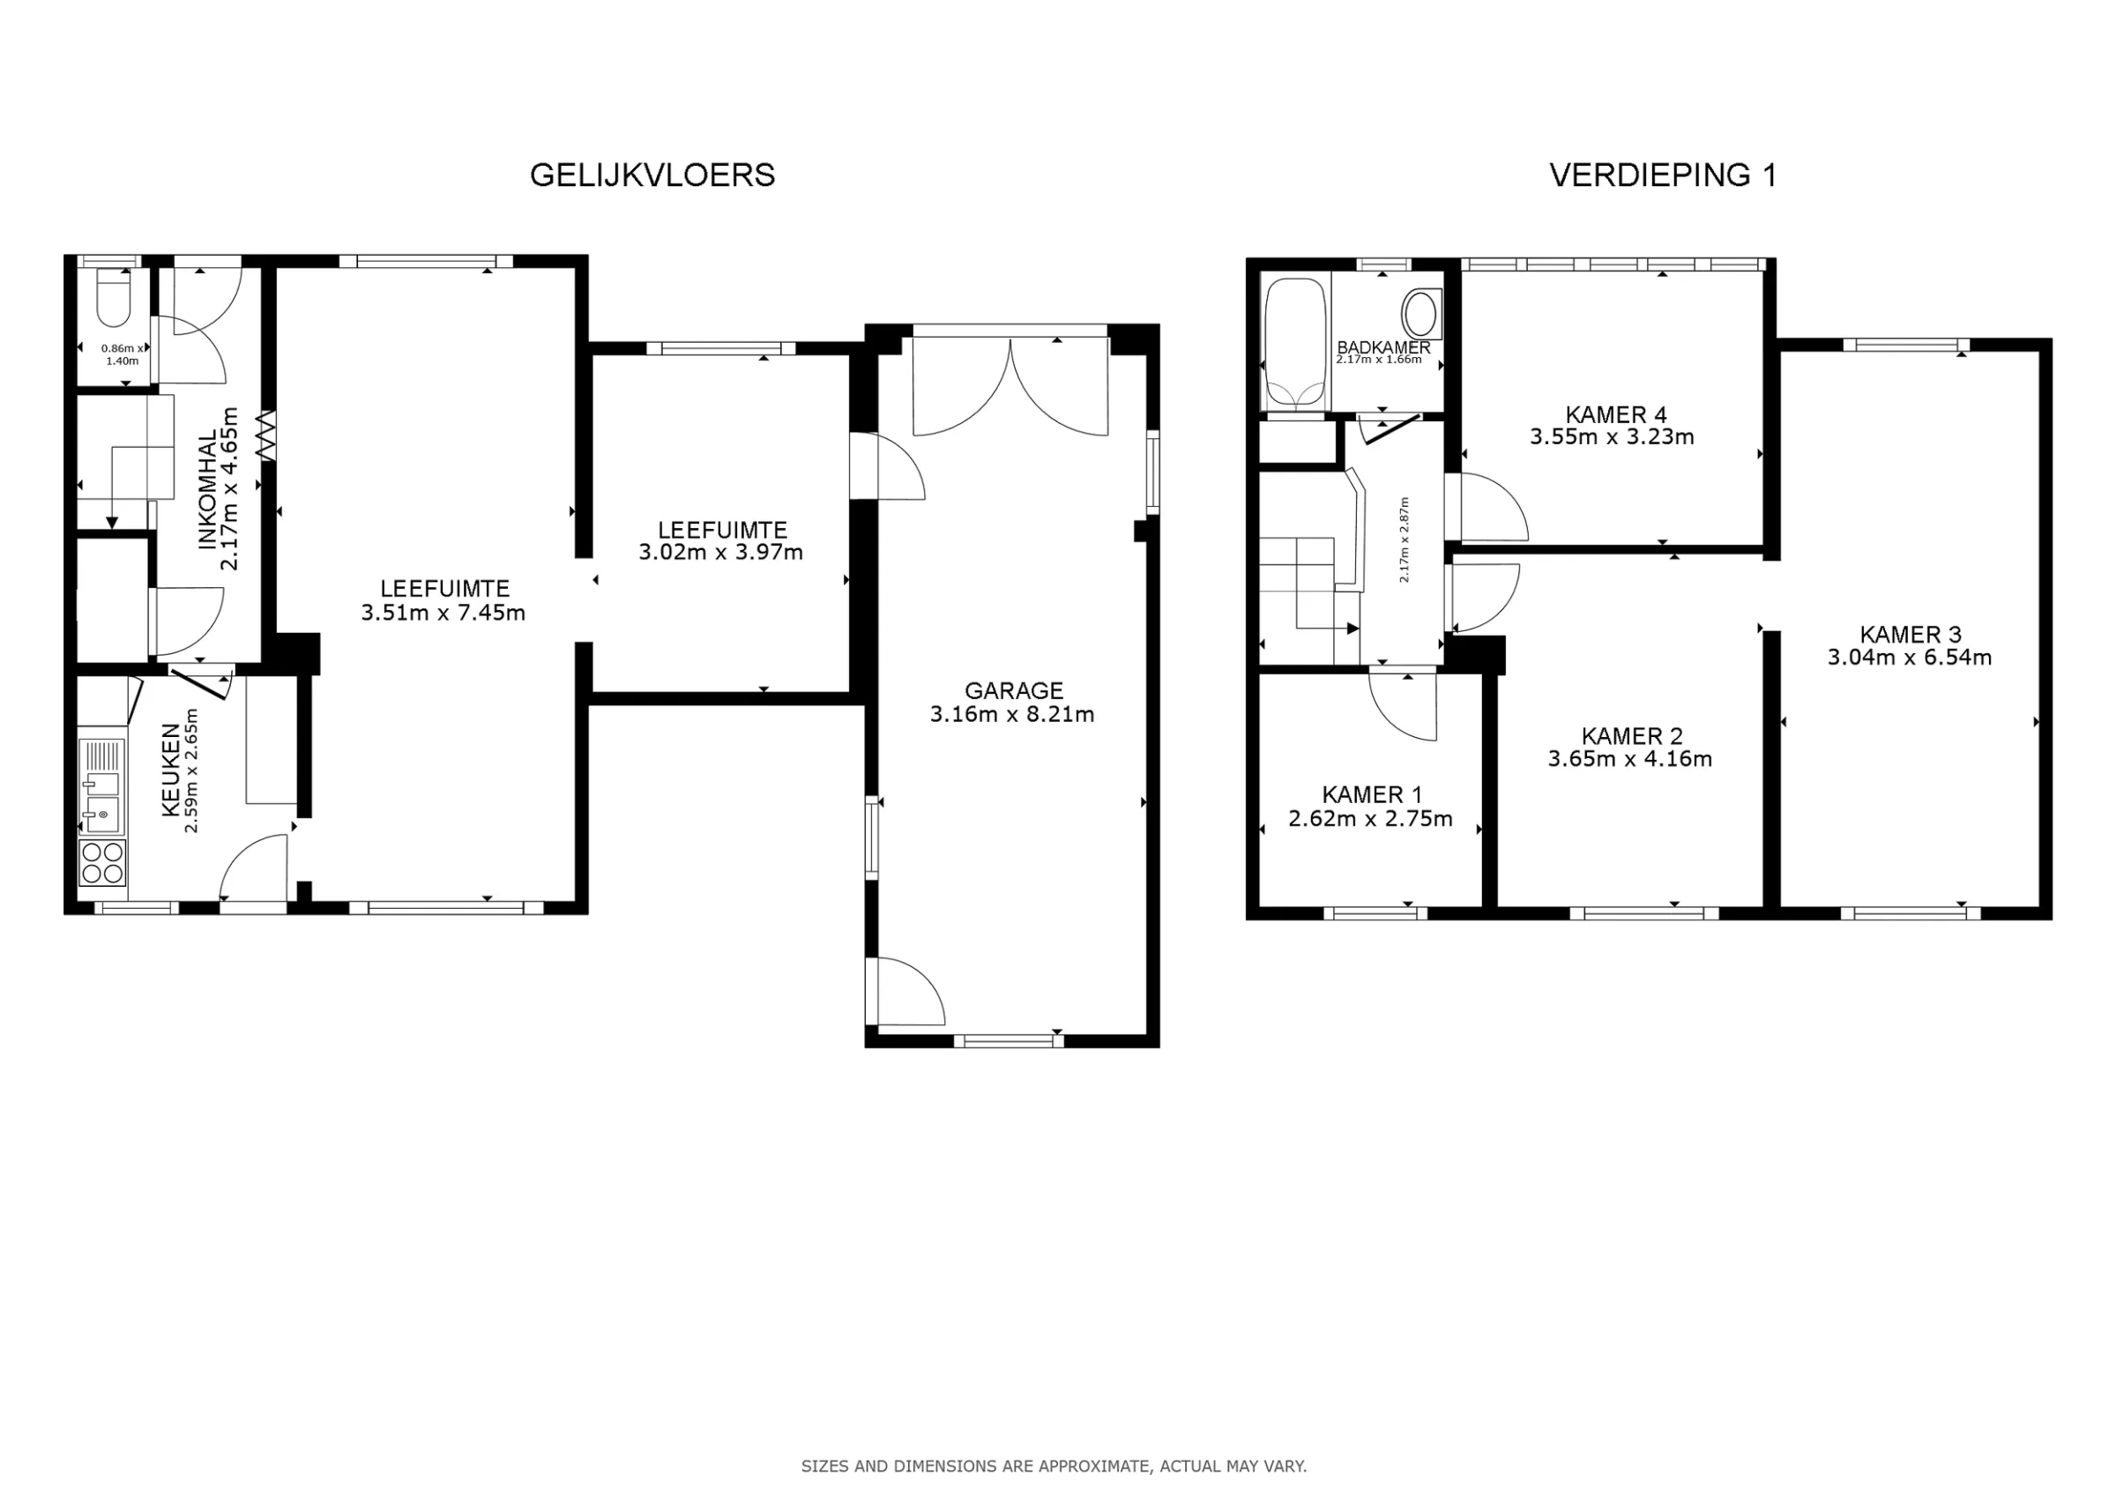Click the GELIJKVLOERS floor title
tap(652, 175)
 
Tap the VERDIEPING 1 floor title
tap(1663, 175)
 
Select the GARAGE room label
tap(1014, 690)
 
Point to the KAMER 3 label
tap(1911, 634)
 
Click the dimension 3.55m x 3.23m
tap(1612, 437)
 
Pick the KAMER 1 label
tap(1371, 794)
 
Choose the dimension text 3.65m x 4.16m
tap(1629, 759)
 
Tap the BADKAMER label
tap(1383, 346)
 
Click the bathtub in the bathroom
tap(1295, 343)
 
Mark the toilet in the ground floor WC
tap(114, 297)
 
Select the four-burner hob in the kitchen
tap(102, 863)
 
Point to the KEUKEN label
tap(170, 770)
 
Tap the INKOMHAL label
tap(208, 488)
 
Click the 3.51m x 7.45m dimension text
tap(443, 613)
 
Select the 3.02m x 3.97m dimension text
tap(720, 552)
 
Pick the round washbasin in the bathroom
tap(1421, 314)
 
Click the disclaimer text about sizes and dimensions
tap(1054, 1465)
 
